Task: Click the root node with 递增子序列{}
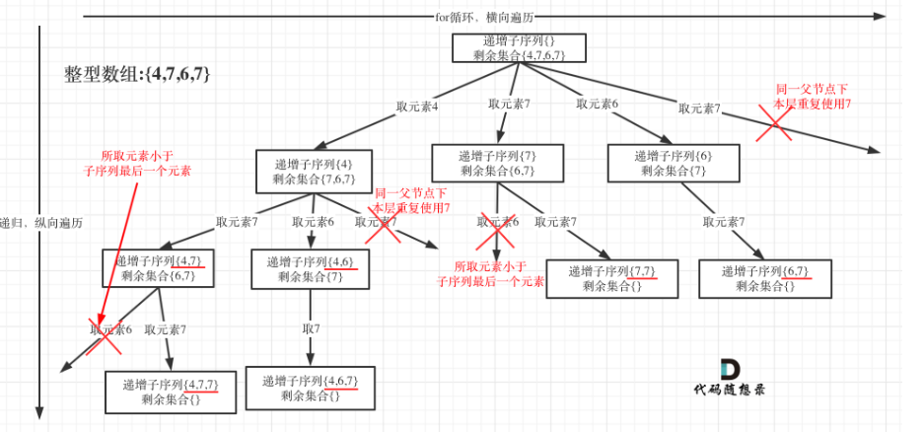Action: (x=519, y=49)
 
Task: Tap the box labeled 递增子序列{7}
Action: (x=497, y=163)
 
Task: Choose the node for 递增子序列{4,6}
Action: (x=310, y=269)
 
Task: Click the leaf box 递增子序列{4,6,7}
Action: (x=310, y=388)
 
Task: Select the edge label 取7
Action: (x=311, y=327)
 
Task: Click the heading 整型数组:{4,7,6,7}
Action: (x=136, y=75)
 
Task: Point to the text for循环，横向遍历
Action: (x=483, y=16)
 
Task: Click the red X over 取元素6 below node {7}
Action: (x=496, y=228)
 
